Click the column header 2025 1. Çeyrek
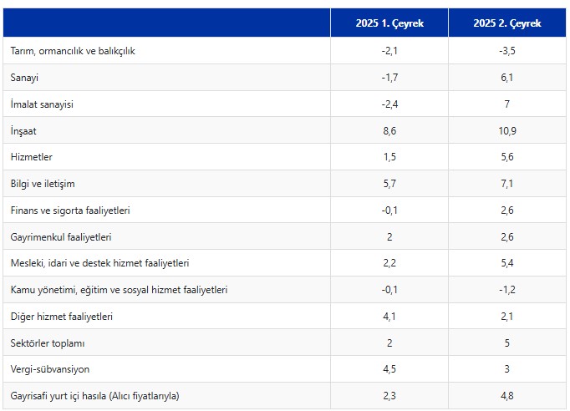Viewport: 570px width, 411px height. (x=389, y=23)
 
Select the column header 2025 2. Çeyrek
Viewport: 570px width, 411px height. (x=507, y=23)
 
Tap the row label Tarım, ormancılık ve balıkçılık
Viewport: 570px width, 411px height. (x=73, y=51)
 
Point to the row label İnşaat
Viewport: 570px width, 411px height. (x=24, y=131)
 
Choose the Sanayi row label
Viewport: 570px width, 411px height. (x=26, y=78)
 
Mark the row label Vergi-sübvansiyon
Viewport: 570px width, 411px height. (x=51, y=369)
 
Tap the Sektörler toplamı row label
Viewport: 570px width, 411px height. (x=48, y=343)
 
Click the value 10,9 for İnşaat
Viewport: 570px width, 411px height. (x=507, y=131)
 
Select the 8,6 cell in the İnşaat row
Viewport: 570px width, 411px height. (x=389, y=131)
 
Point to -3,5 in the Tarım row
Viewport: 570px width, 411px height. (x=507, y=51)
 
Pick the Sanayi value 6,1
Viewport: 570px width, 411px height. (x=507, y=78)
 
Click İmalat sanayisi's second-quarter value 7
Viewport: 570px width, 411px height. (x=507, y=104)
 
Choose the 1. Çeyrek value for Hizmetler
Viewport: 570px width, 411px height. (x=389, y=157)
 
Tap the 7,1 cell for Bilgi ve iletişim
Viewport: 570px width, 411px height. (x=507, y=184)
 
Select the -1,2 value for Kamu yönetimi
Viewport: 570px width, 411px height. (x=507, y=290)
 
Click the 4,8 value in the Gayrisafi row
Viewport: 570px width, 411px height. (x=507, y=396)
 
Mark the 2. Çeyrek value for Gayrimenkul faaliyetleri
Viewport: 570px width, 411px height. (x=507, y=237)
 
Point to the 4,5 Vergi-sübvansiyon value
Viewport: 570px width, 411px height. (x=389, y=369)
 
